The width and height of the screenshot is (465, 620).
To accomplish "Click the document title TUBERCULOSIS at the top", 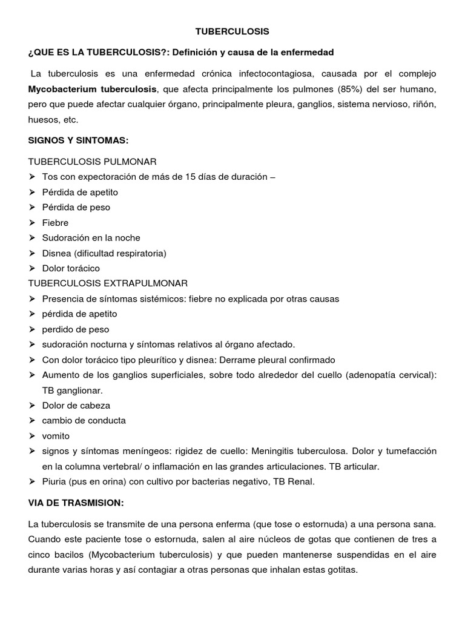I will (x=232, y=30).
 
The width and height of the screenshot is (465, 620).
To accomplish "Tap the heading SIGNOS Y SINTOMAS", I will (x=79, y=140).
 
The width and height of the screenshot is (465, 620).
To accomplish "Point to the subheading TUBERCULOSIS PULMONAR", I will (x=93, y=162).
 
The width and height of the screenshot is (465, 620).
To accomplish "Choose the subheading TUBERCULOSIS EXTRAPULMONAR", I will (x=108, y=283).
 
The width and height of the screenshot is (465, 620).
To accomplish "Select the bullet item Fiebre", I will (x=55, y=223).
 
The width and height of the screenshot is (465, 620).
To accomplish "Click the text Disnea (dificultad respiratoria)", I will (x=104, y=253).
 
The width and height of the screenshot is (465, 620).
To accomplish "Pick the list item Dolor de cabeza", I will (x=76, y=406).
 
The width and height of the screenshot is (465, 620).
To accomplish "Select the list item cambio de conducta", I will (x=84, y=421).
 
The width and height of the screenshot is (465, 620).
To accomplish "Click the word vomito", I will (x=56, y=436).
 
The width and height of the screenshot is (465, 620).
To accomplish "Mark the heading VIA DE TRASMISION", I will (x=77, y=503).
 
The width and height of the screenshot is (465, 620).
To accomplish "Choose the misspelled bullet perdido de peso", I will (x=76, y=329).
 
